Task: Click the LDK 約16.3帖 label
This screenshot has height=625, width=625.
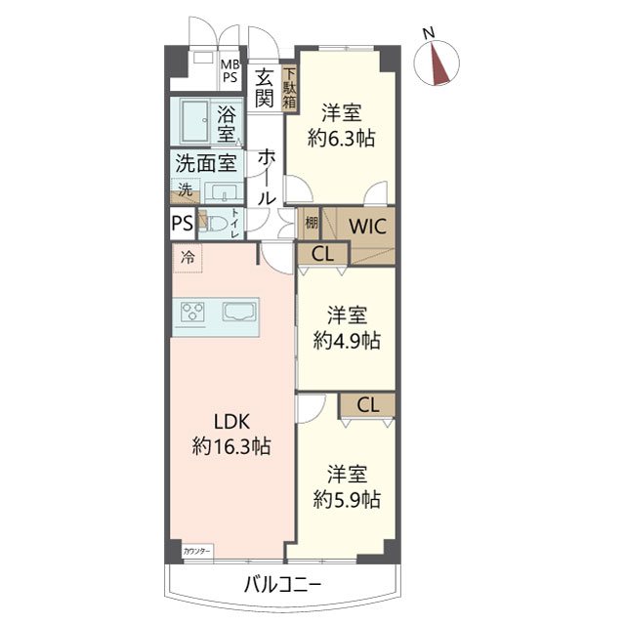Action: pyautogui.click(x=231, y=434)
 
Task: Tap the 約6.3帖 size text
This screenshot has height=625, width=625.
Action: pyautogui.click(x=341, y=139)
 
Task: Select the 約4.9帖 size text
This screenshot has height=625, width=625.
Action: pyautogui.click(x=347, y=341)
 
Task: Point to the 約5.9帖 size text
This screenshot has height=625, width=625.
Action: pyautogui.click(x=347, y=499)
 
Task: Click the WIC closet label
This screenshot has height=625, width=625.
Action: pyautogui.click(x=367, y=227)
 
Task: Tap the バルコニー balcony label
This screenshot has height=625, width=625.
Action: pyautogui.click(x=282, y=585)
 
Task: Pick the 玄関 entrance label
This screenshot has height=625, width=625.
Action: pyautogui.click(x=265, y=88)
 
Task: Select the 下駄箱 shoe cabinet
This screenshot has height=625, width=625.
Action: pyautogui.click(x=289, y=88)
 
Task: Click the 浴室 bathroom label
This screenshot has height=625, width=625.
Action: pyautogui.click(x=226, y=124)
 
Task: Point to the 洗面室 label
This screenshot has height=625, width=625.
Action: pyautogui.click(x=206, y=163)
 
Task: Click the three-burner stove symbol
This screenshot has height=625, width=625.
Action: pyautogui.click(x=192, y=312)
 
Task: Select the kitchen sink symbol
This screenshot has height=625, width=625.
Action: pyautogui.click(x=238, y=312)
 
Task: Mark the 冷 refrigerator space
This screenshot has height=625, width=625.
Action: pyautogui.click(x=187, y=258)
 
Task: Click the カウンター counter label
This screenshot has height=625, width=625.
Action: pyautogui.click(x=197, y=552)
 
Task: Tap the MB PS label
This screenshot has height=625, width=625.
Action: pyautogui.click(x=230, y=70)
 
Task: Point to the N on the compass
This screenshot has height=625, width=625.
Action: pyautogui.click(x=429, y=32)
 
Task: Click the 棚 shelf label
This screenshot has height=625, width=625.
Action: pyautogui.click(x=312, y=223)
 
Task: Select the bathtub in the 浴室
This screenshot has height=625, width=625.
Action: pyautogui.click(x=195, y=121)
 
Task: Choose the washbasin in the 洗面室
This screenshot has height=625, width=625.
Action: pyautogui.click(x=224, y=192)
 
